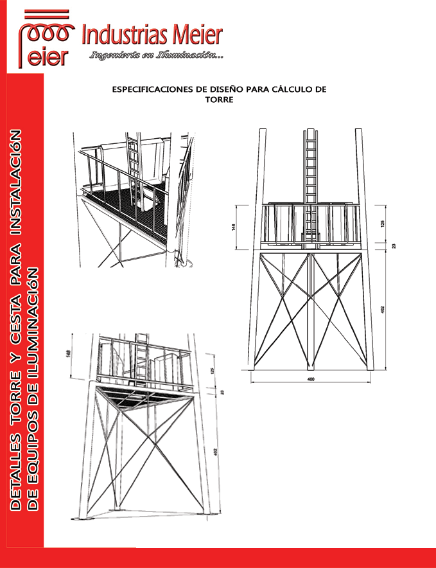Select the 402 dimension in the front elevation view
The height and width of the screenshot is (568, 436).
tap(383, 310)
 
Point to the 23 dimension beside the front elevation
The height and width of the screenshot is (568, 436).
tap(394, 245)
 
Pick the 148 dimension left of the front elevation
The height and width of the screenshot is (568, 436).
tap(234, 227)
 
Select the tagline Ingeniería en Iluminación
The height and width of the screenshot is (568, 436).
tap(157, 55)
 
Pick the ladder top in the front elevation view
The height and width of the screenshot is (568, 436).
tap(310, 134)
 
